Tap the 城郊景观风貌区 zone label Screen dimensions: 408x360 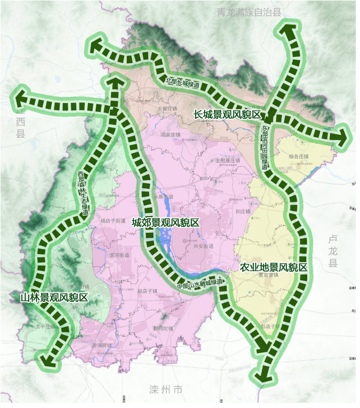(166, 223)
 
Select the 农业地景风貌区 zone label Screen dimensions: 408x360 (273, 267)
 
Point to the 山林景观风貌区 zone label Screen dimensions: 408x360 (54, 297)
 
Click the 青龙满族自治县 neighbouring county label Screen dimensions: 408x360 (249, 12)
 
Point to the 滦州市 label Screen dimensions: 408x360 (166, 390)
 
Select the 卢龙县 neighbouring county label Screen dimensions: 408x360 (333, 252)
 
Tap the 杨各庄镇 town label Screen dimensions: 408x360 (300, 155)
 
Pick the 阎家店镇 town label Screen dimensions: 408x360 (171, 134)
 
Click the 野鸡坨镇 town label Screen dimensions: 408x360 (163, 328)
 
